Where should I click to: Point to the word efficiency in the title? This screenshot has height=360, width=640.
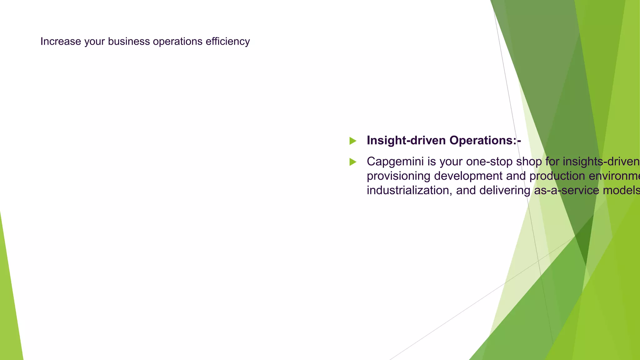[x=227, y=41]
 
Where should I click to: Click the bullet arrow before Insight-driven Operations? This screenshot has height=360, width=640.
[x=353, y=141]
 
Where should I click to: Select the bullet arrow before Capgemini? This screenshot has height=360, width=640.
[x=353, y=162]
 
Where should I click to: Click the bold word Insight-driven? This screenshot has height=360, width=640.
[x=406, y=140]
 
